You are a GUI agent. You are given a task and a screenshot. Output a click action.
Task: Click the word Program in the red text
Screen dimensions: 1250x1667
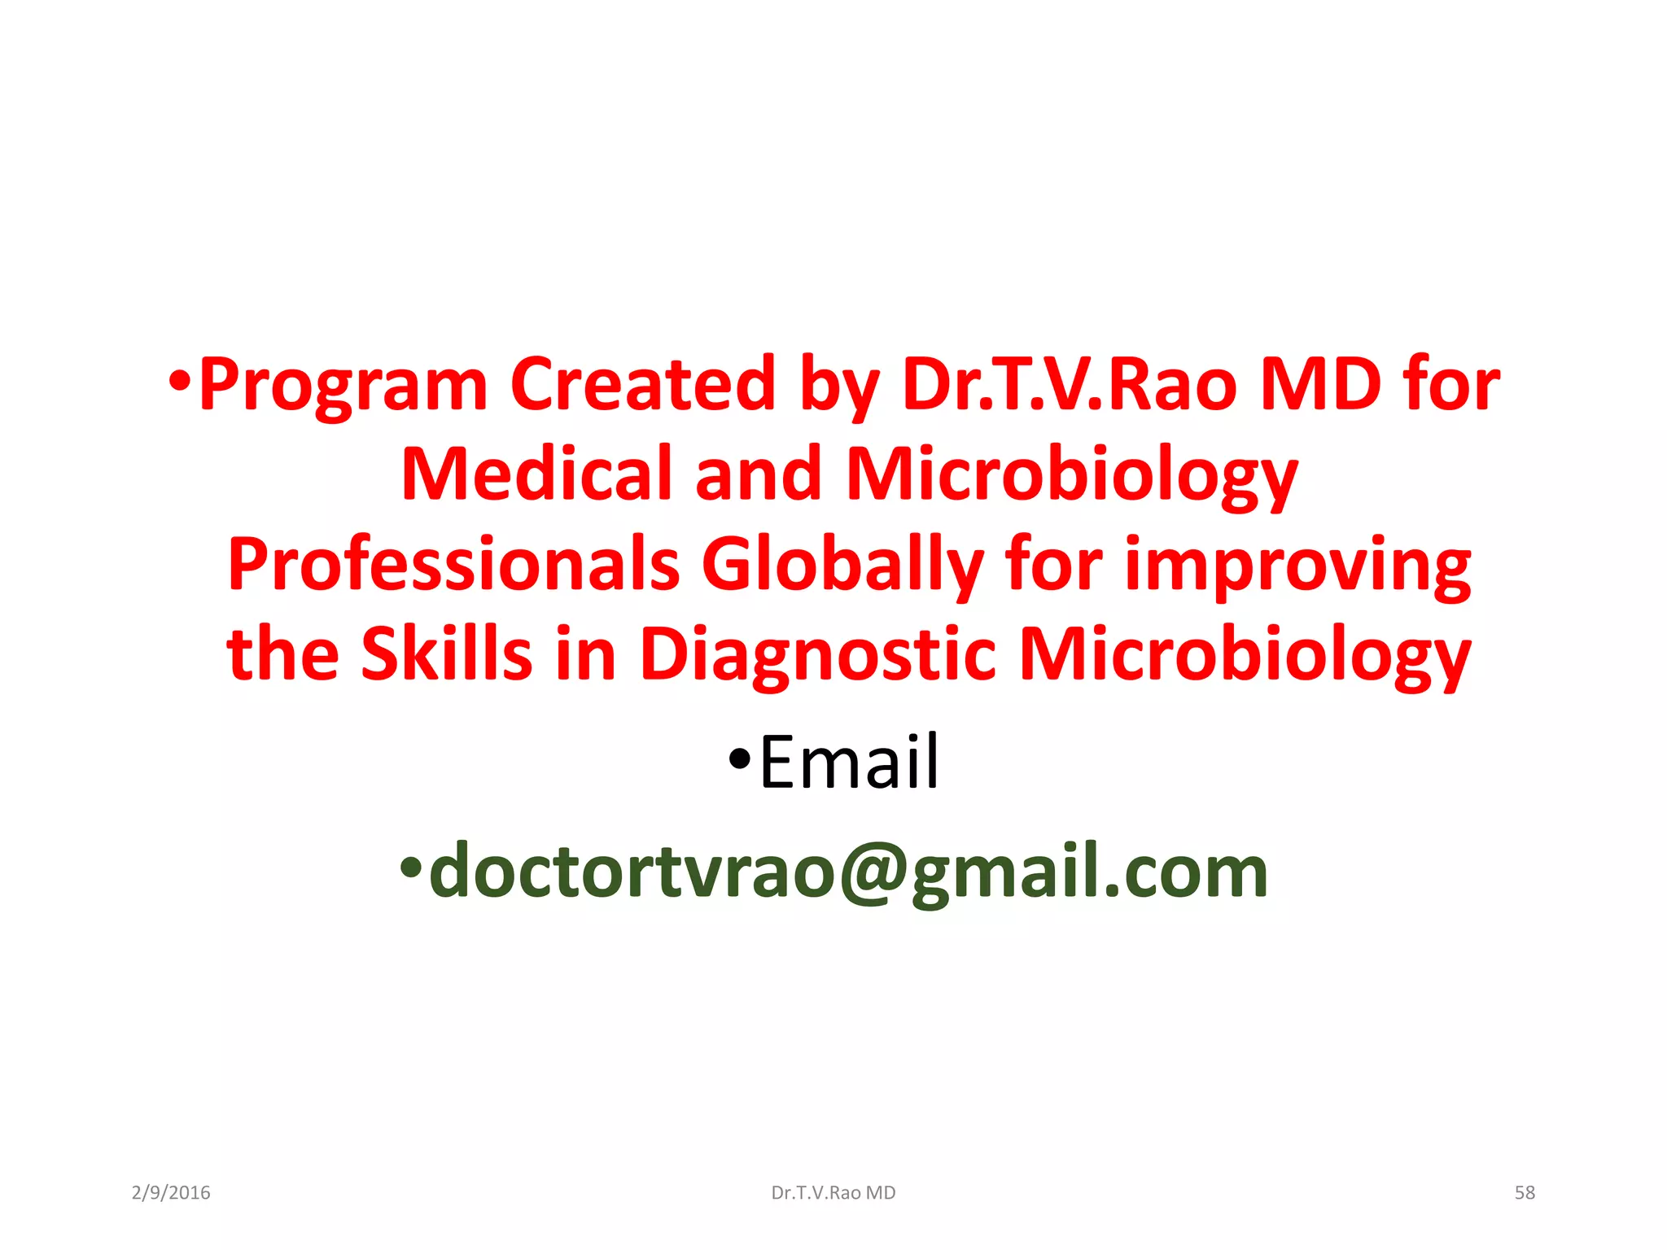343,385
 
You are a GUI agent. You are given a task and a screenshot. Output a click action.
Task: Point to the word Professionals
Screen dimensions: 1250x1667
453,565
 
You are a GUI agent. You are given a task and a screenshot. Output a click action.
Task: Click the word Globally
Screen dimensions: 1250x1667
842,565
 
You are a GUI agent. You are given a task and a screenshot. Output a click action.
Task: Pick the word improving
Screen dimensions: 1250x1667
1297,565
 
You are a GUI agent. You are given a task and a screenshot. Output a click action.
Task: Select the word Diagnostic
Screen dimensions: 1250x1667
818,656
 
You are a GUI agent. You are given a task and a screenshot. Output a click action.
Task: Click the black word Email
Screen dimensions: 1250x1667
849,763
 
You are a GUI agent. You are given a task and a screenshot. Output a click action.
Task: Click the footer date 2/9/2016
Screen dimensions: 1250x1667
171,1193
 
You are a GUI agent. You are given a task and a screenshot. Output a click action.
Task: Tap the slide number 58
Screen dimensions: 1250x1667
1525,1193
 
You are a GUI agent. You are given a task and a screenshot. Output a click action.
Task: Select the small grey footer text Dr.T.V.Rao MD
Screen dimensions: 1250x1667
833,1193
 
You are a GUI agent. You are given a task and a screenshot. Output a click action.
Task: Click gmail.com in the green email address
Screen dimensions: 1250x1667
1089,872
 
